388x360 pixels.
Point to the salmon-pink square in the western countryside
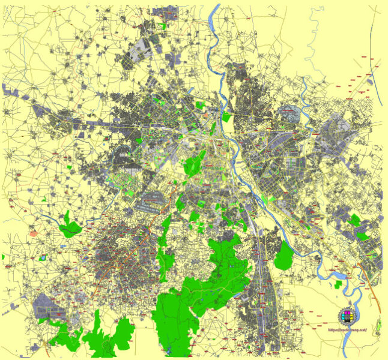click(x=34, y=233)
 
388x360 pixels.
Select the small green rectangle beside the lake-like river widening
click(x=339, y=285)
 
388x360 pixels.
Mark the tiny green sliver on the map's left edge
click(x=3, y=257)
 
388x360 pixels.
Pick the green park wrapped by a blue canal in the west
click(x=71, y=227)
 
